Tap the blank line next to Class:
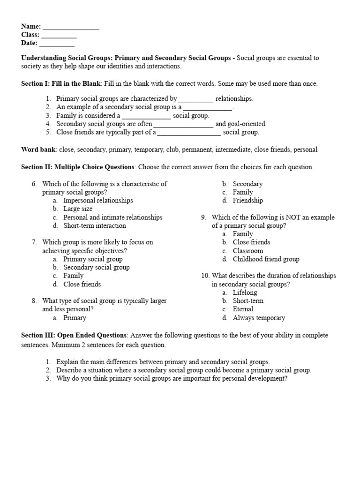pos(59,36)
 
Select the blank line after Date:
pos(57,44)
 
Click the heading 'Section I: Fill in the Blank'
pos(60,83)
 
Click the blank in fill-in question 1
pos(196,99)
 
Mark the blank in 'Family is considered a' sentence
pos(146,116)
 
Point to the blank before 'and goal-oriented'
pos(183,125)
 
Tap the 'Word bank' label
pos(38,150)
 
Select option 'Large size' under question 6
pos(78,209)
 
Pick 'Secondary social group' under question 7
pos(97,267)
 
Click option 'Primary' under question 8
pos(75,318)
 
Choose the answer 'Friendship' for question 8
pos(247,201)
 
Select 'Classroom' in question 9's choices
pos(248,251)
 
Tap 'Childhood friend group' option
pos(266,259)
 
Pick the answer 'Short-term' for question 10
pos(248,301)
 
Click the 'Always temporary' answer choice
pos(259,318)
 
